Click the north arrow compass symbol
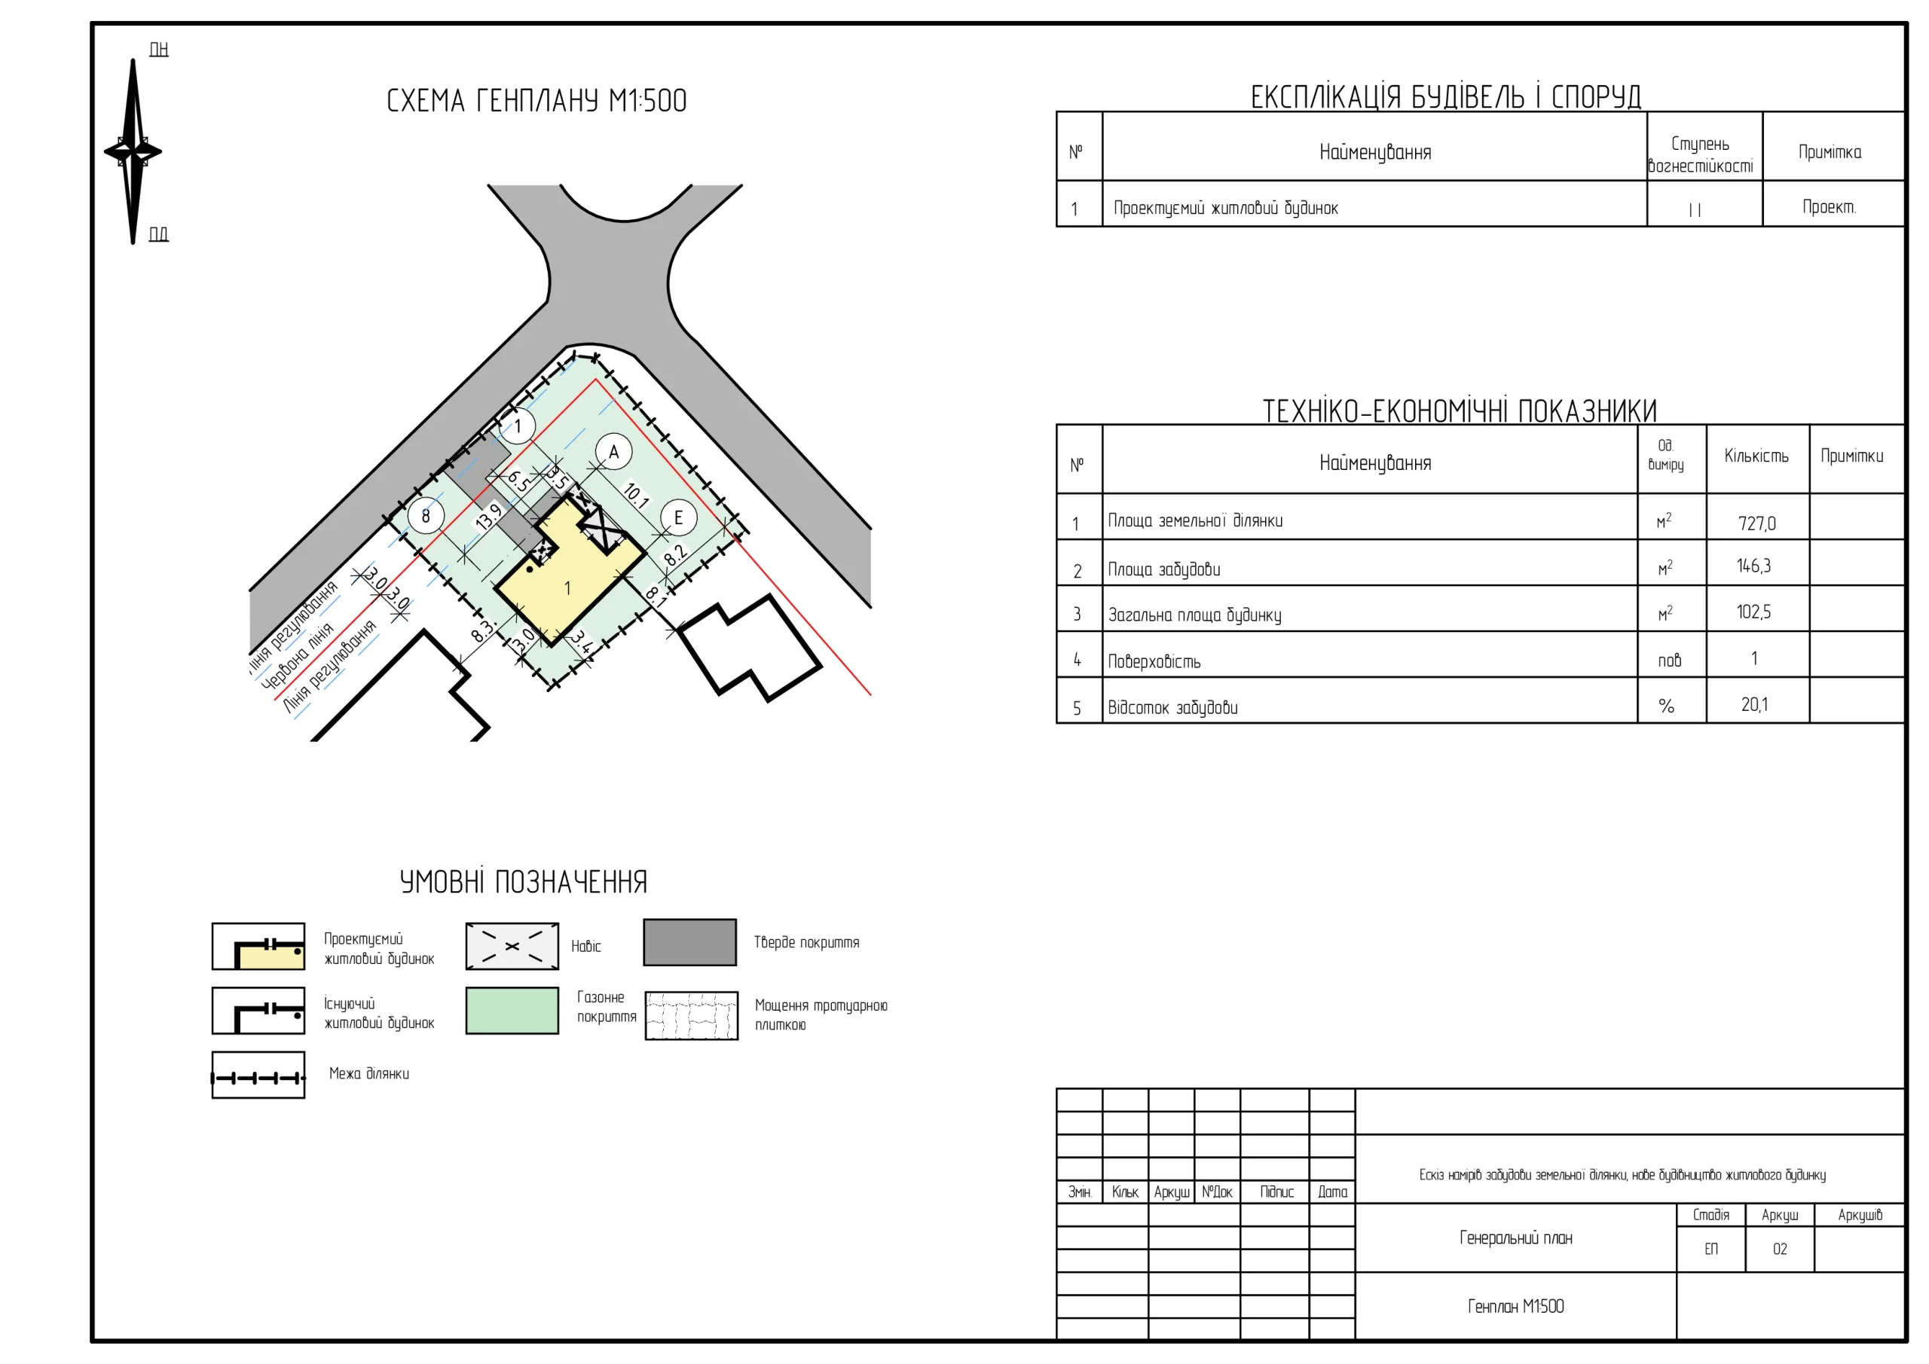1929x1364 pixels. [133, 152]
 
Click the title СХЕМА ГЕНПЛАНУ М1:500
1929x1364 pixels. [536, 101]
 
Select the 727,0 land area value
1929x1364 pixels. [1756, 523]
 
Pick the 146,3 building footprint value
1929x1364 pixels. [1753, 566]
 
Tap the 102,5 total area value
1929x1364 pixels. [1753, 612]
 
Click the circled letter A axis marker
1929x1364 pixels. [613, 452]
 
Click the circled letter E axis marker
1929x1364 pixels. [678, 517]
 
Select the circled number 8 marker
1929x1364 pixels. [426, 516]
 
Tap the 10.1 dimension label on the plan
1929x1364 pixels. [636, 496]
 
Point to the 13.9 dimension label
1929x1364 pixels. [488, 516]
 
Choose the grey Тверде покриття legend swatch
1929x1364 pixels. [689, 941]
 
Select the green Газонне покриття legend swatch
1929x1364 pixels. [512, 1011]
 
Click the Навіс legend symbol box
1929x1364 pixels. [512, 946]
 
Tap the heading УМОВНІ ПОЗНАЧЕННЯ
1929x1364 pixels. [524, 882]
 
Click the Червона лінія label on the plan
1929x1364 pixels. [298, 657]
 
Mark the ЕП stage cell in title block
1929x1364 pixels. [1710, 1249]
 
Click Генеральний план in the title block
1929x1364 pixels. [1515, 1237]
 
